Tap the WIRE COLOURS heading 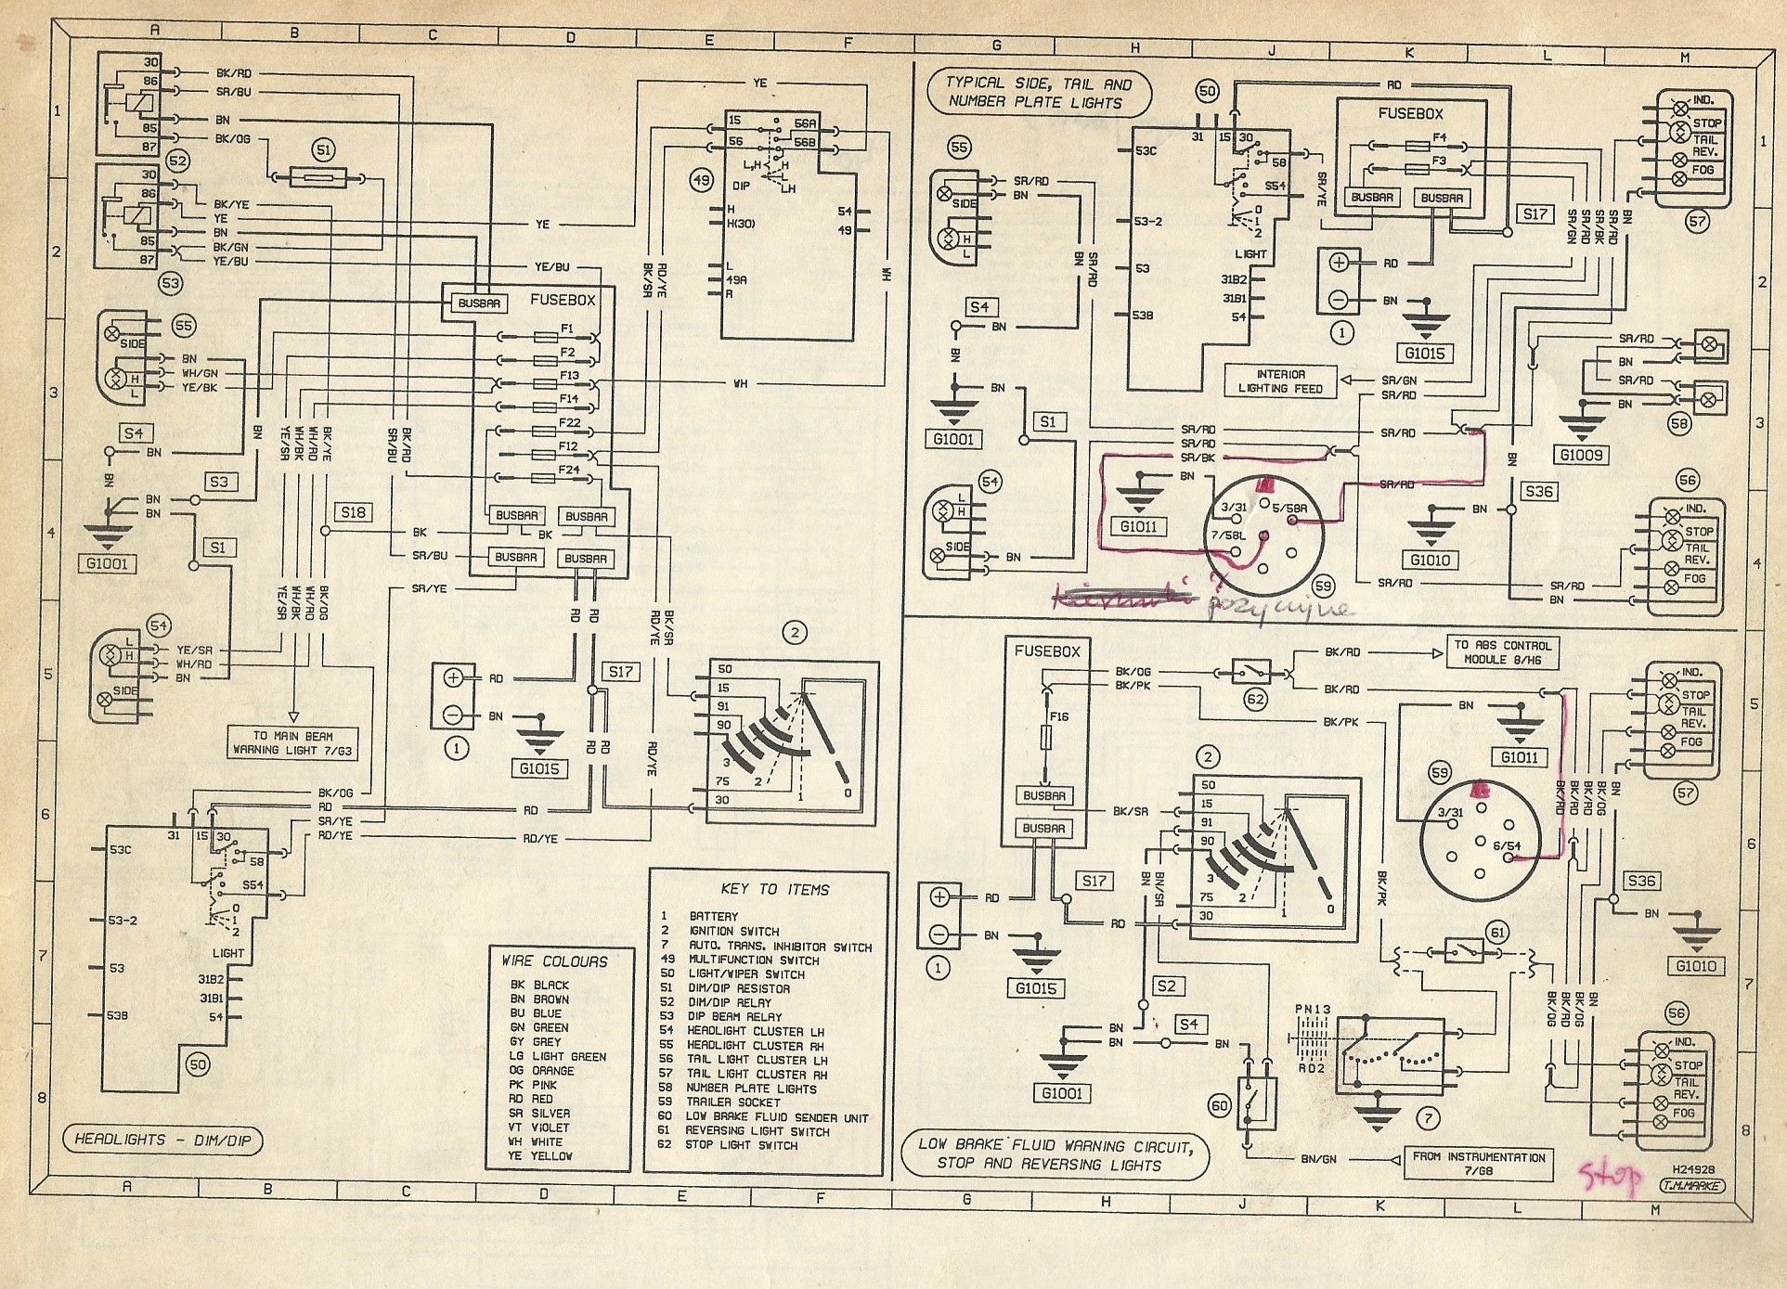pyautogui.click(x=554, y=961)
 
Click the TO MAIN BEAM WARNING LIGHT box pyautogui.click(x=294, y=742)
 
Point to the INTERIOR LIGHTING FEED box pyautogui.click(x=1280, y=381)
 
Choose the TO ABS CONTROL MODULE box pyautogui.click(x=1501, y=651)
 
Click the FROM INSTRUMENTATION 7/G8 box pyautogui.click(x=1479, y=1164)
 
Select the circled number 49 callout pyautogui.click(x=703, y=180)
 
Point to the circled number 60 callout pyautogui.click(x=1221, y=1105)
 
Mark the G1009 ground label pyautogui.click(x=1585, y=455)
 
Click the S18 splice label pyautogui.click(x=353, y=512)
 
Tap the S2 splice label pyautogui.click(x=1165, y=986)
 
